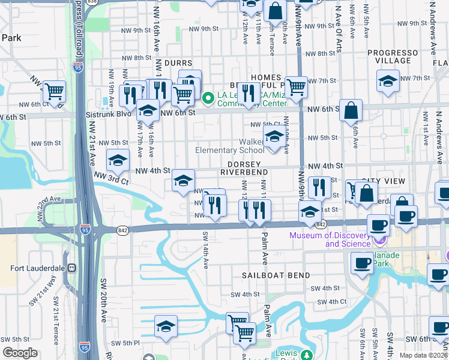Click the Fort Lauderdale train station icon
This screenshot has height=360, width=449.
(71, 268)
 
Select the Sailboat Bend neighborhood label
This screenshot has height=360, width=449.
(276, 275)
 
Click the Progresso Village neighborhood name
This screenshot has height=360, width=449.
(393, 56)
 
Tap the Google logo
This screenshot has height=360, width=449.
(20, 353)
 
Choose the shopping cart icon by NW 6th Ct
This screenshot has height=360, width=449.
(55, 92)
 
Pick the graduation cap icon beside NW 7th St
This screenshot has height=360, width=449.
(388, 80)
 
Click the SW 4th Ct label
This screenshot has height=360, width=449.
(331, 301)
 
